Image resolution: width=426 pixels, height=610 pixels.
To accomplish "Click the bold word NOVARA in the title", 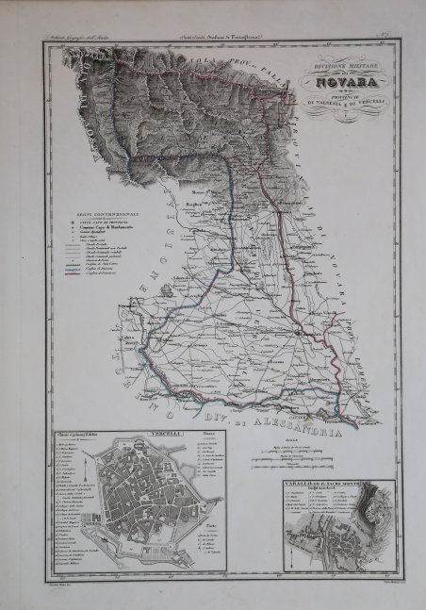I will pos(337,81).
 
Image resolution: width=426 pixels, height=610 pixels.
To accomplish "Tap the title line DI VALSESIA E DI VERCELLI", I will pos(336,102).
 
